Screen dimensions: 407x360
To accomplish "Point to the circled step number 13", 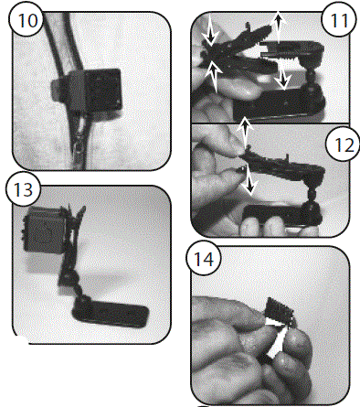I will click(x=20, y=189).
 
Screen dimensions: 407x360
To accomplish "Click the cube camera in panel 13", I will click(x=46, y=229).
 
